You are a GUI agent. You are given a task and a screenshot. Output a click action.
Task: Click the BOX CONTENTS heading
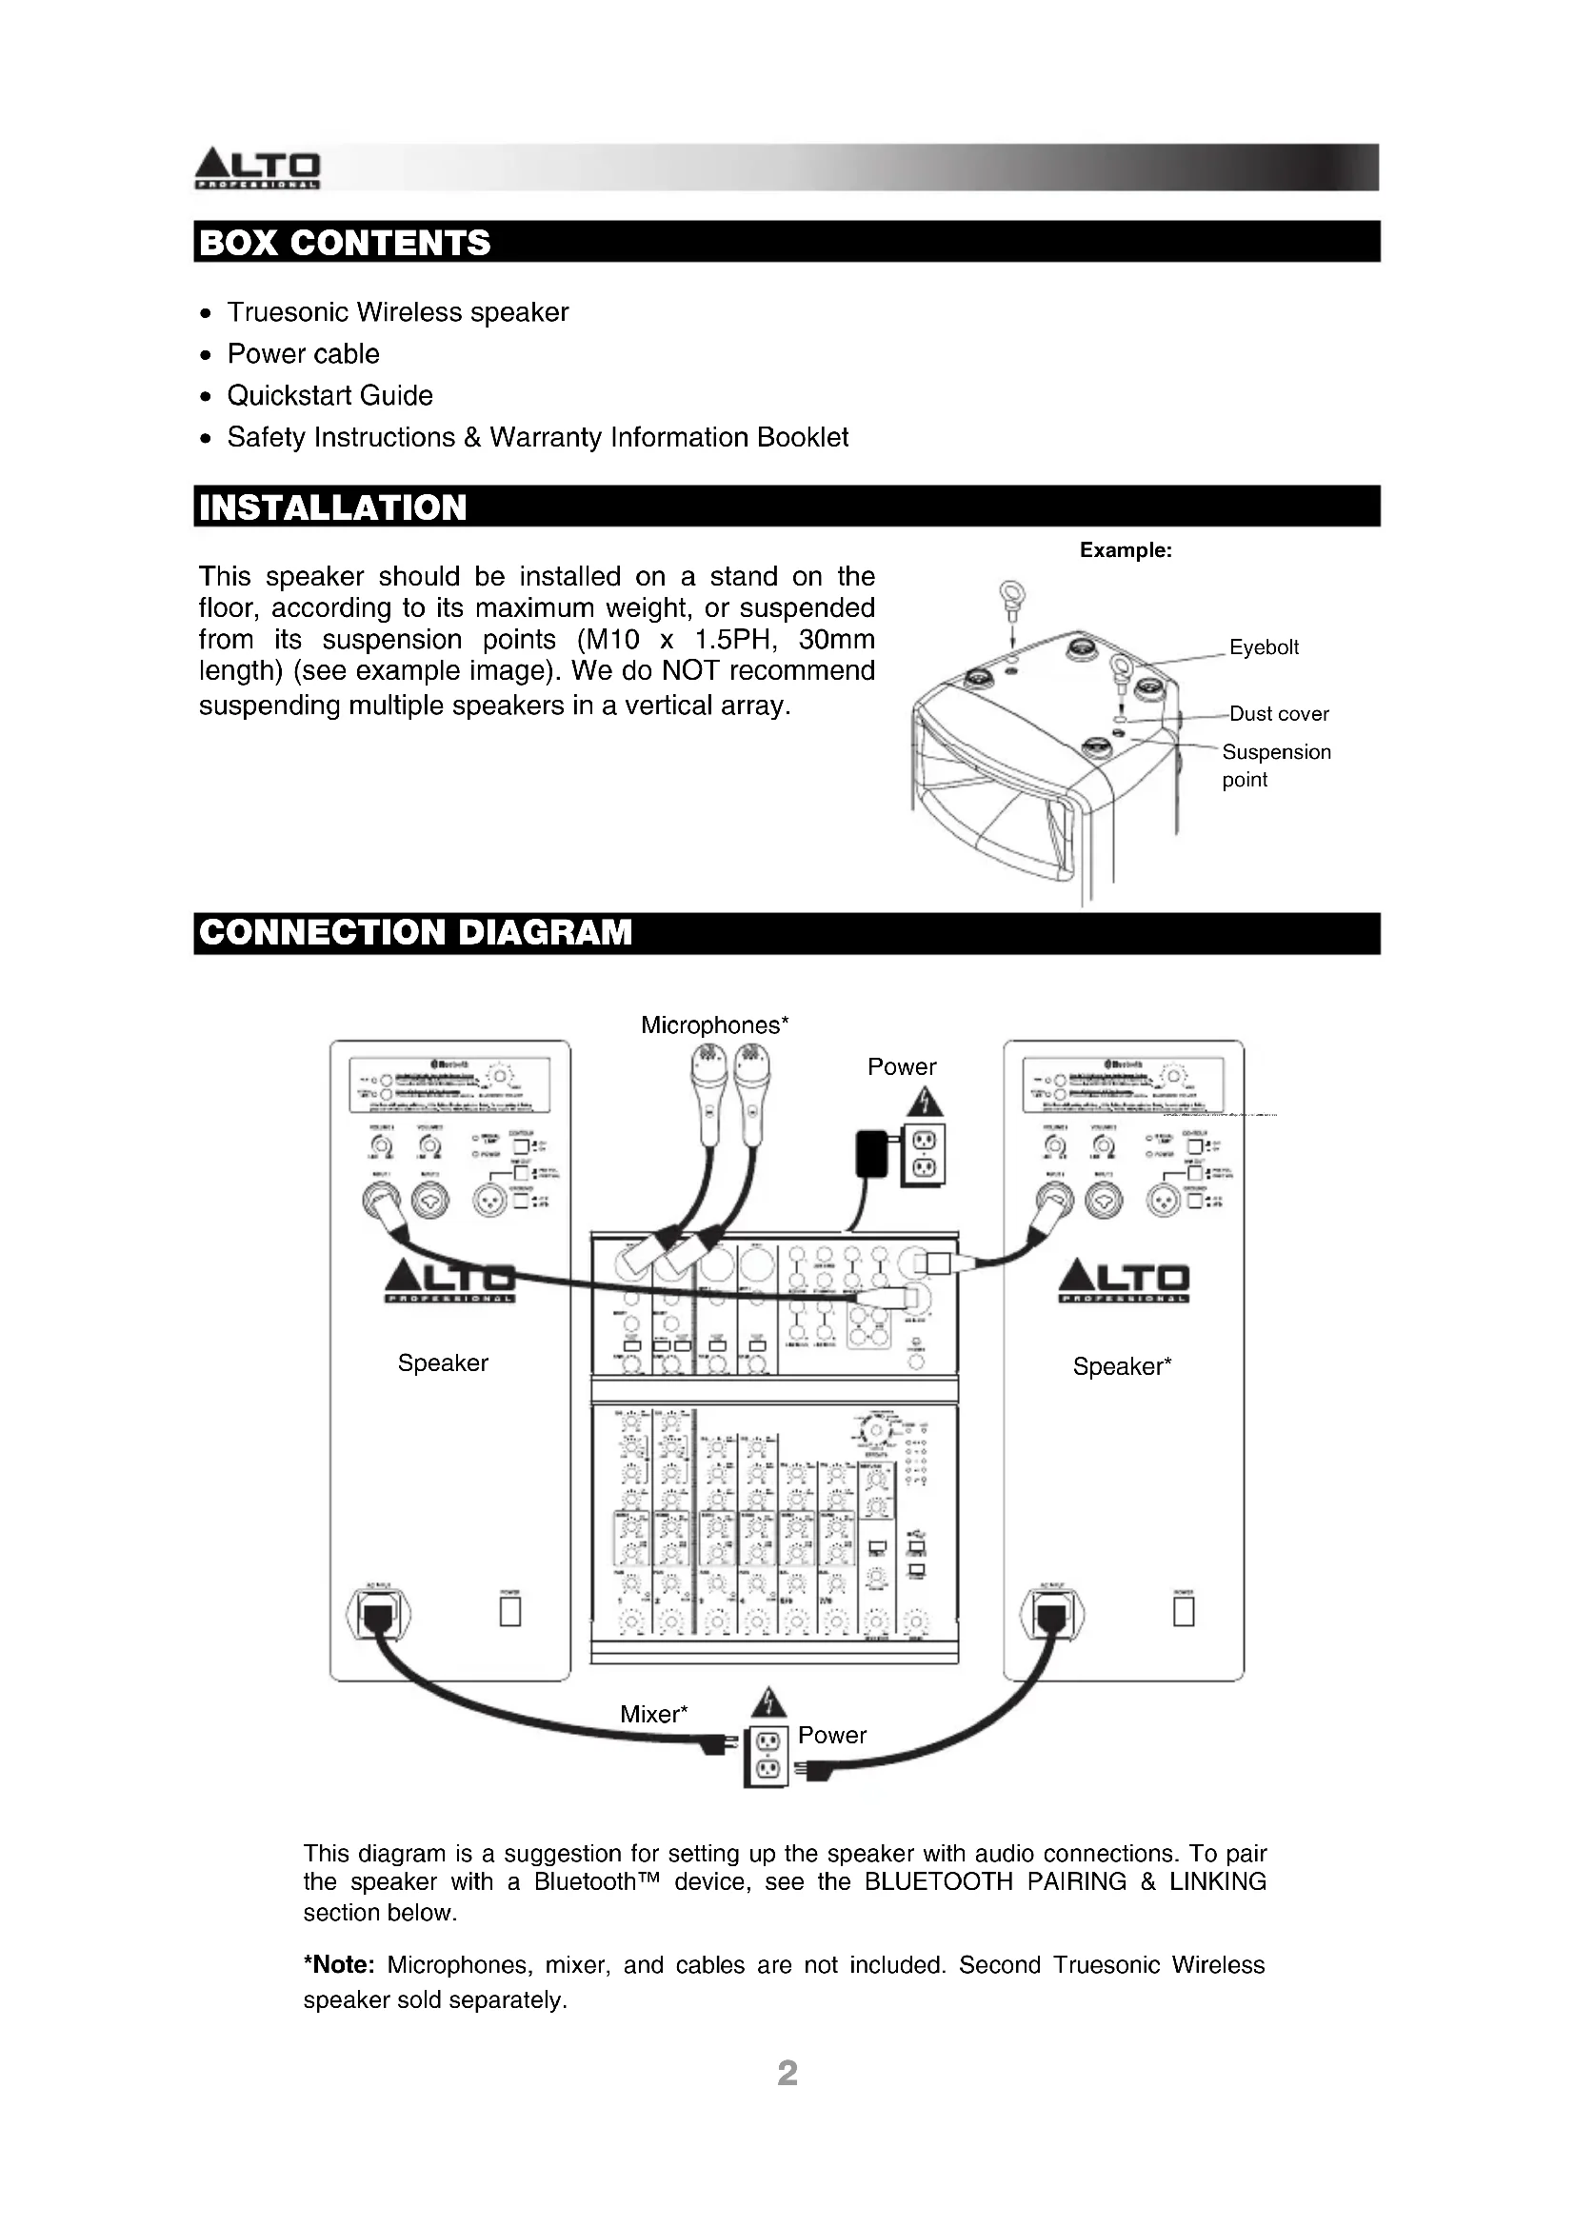pyautogui.click(x=345, y=243)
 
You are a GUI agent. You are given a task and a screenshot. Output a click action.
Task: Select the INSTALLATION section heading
pyautogui.click(x=332, y=507)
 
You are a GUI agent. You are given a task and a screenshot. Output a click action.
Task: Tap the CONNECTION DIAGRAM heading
pyautogui.click(x=415, y=932)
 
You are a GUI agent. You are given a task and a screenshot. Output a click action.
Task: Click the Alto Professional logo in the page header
pyautogui.click(x=258, y=168)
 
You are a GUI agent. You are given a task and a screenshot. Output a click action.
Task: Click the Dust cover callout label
pyautogui.click(x=1279, y=714)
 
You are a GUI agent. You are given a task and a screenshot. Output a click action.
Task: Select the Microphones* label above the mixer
pyautogui.click(x=715, y=1025)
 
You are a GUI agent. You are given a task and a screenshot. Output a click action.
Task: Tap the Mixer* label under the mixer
pyautogui.click(x=653, y=1714)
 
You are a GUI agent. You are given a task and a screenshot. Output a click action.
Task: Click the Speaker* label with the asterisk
pyautogui.click(x=1122, y=1366)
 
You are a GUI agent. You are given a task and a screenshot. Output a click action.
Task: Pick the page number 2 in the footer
pyautogui.click(x=787, y=2073)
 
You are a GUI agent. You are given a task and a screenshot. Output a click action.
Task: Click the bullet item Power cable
pyautogui.click(x=304, y=354)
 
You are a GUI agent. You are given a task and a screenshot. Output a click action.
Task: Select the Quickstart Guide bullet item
pyautogui.click(x=329, y=396)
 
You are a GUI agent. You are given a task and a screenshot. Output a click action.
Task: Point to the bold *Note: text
pyautogui.click(x=339, y=1965)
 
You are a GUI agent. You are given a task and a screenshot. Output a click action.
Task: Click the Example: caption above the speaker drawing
pyautogui.click(x=1125, y=551)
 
